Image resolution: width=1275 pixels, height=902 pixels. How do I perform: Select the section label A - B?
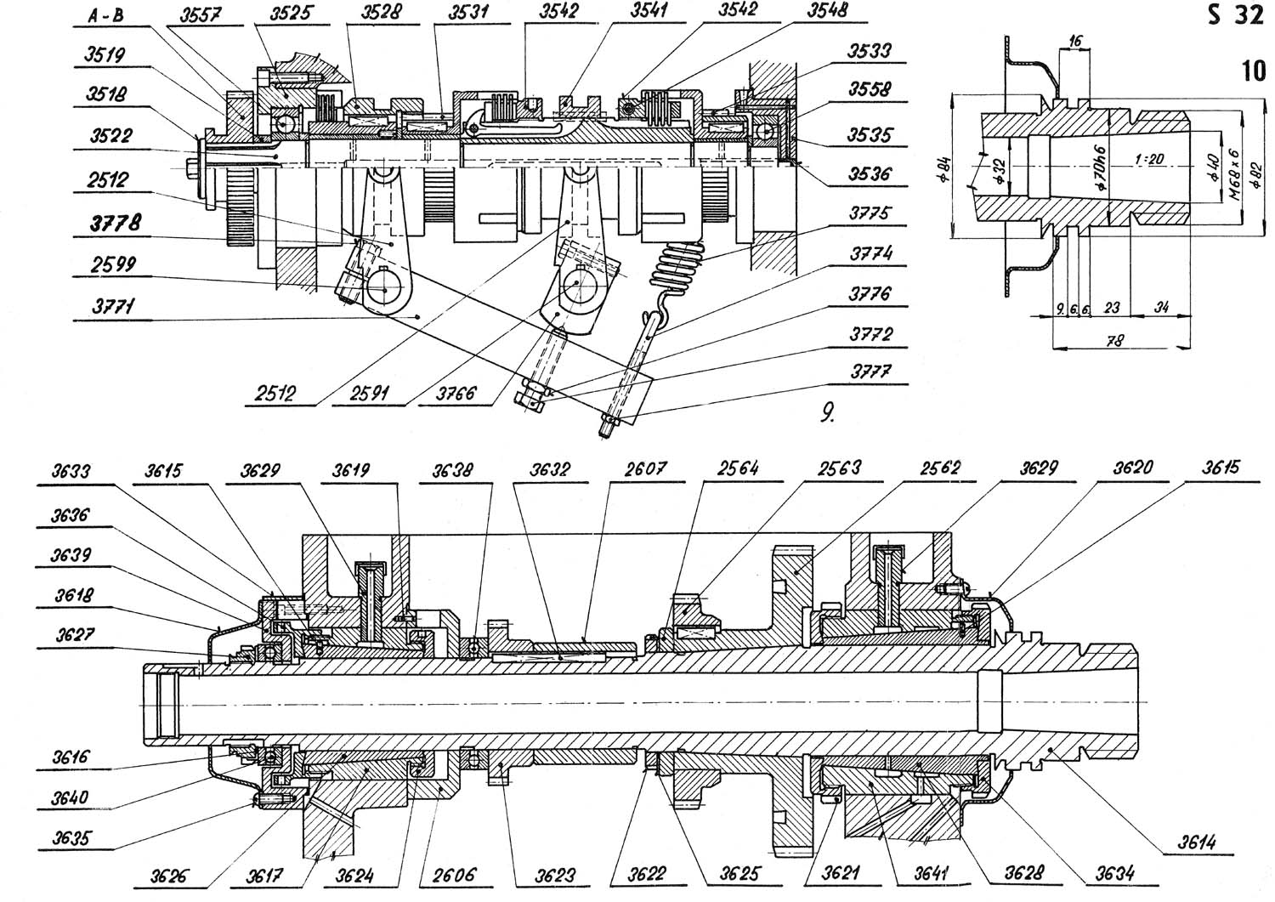coord(106,15)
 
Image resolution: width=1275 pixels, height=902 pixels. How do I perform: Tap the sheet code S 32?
coord(1234,15)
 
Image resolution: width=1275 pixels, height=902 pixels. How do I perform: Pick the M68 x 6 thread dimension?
coord(1233,174)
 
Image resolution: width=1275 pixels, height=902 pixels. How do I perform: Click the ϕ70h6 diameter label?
coord(1101,168)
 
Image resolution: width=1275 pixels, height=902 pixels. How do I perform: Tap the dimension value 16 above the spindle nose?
coord(1074,41)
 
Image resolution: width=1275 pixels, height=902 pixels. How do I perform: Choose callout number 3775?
coord(869,213)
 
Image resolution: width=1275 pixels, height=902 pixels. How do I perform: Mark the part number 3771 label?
coord(114,307)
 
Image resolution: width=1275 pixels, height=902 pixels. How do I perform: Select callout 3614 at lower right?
coord(1197,842)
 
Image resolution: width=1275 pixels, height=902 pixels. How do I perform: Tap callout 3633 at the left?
coord(71,472)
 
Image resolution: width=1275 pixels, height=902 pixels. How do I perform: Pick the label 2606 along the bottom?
coord(454,875)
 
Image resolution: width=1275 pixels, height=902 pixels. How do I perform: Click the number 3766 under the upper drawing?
coord(456,394)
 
